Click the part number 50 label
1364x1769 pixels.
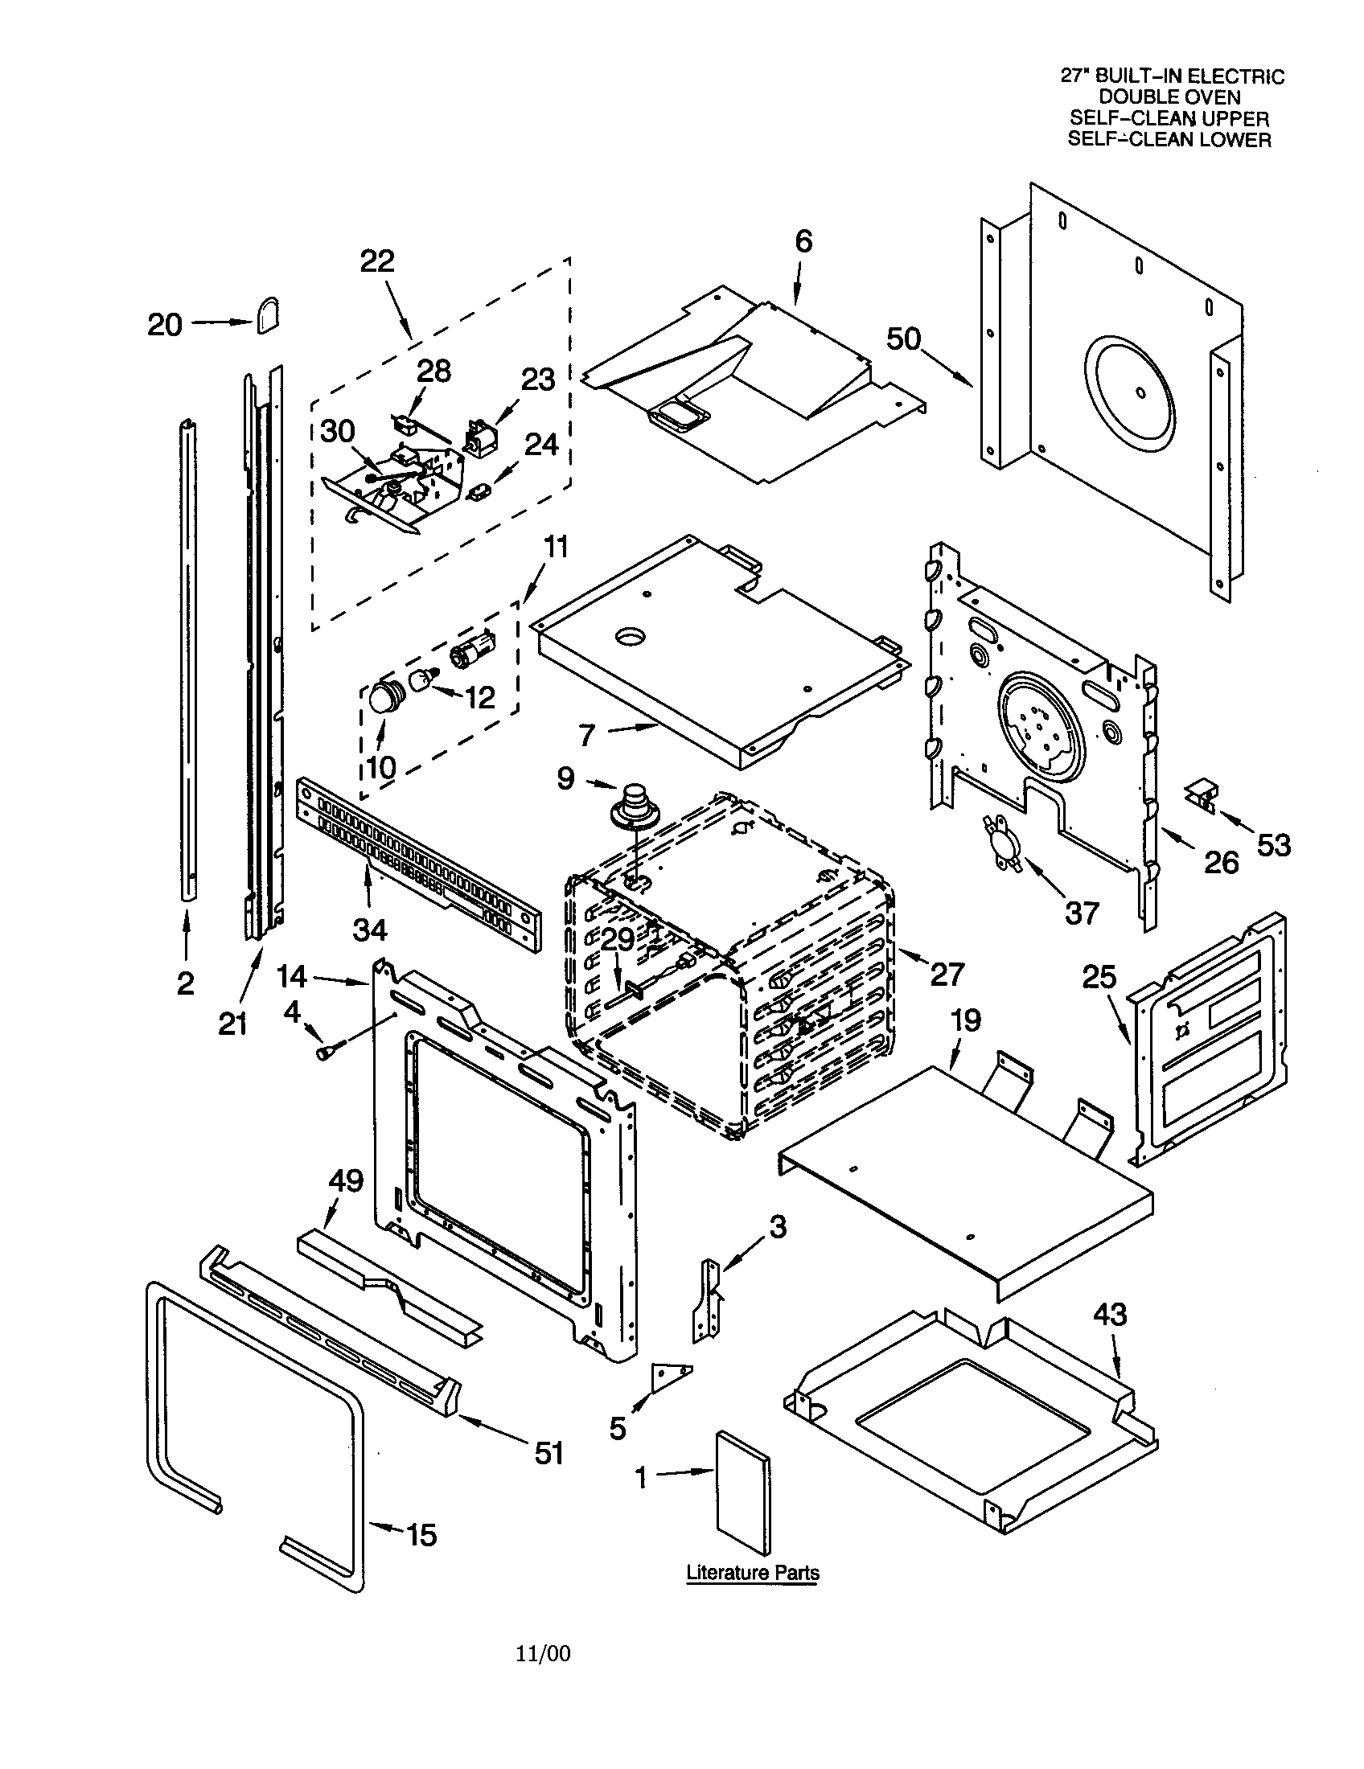(903, 339)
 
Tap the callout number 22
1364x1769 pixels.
(376, 261)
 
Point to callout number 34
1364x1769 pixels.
(369, 930)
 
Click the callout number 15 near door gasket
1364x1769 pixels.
(421, 1535)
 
